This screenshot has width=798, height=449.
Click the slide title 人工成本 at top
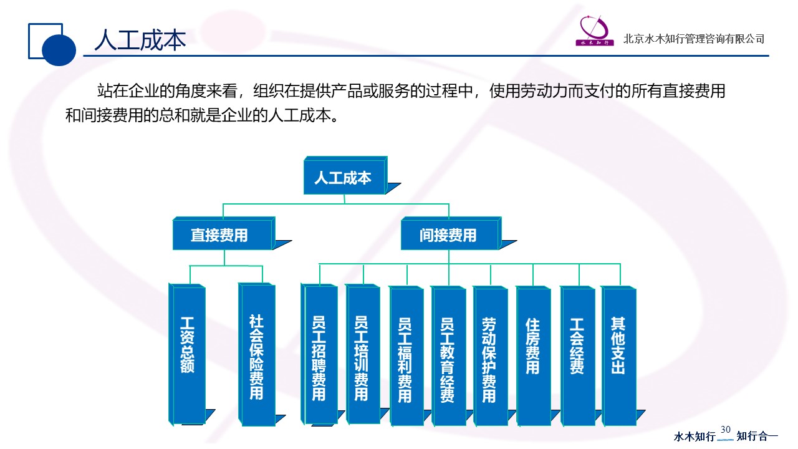click(140, 40)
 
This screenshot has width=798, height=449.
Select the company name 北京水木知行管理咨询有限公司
click(694, 39)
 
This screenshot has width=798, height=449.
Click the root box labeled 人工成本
click(343, 178)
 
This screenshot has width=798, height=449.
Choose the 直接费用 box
click(219, 235)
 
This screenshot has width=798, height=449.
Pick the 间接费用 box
click(448, 235)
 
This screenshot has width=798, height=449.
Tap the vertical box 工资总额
click(187, 354)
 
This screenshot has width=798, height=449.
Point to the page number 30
click(726, 430)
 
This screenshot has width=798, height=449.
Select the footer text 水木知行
click(695, 437)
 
